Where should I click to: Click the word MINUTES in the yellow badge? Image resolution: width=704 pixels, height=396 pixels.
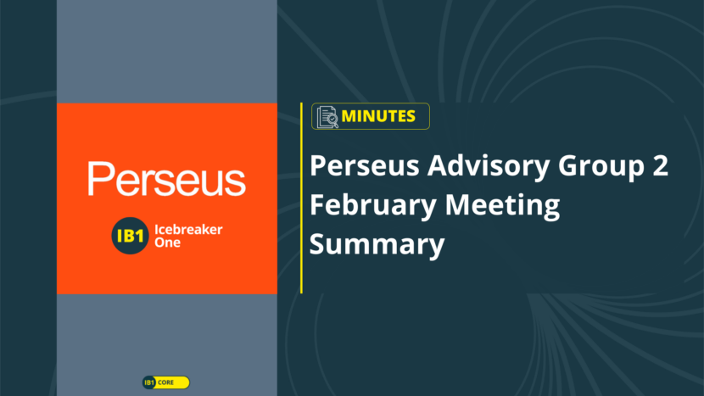378,116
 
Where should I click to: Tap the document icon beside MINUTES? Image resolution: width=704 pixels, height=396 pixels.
327,117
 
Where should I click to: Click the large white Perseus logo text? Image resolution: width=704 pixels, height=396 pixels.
166,179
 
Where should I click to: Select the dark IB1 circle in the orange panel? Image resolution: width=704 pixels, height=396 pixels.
130,236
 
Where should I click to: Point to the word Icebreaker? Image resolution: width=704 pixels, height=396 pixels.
188,230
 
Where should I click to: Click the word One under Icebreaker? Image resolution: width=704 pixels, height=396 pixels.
167,243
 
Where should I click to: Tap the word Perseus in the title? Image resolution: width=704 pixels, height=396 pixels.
365,165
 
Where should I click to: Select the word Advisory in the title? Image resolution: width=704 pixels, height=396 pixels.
489,166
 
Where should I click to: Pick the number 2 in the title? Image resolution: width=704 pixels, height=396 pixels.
661,165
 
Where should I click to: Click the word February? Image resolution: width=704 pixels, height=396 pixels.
373,206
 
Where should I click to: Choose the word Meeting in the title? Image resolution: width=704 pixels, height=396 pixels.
502,206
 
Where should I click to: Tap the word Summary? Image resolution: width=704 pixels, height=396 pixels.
377,245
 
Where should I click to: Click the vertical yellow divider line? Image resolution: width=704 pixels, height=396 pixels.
301,198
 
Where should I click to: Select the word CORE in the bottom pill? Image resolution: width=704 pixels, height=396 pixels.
165,382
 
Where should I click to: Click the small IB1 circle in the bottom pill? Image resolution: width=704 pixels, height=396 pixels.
149,382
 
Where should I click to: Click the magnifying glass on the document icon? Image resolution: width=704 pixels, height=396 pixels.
332,120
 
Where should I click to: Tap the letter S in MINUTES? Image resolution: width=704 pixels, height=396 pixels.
410,116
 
